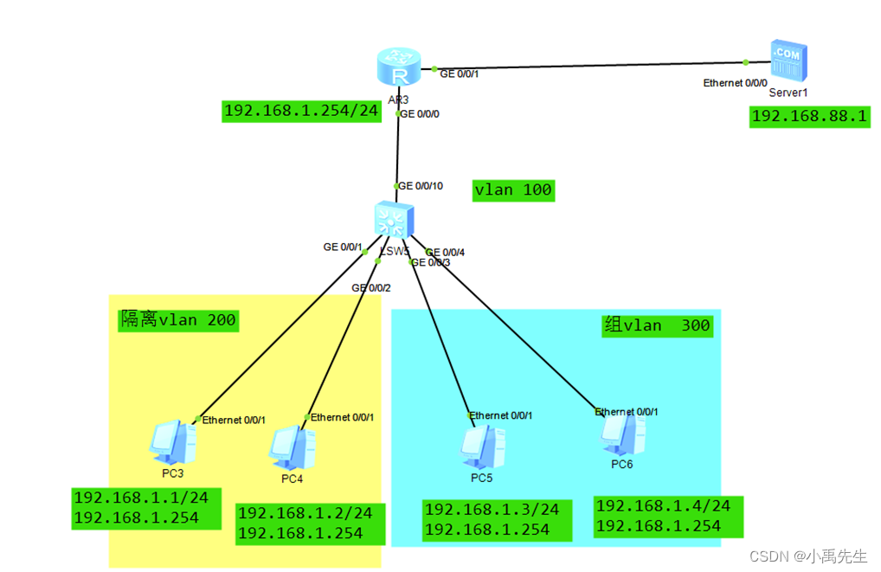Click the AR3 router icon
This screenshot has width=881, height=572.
pos(398,68)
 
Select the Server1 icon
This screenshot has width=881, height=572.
pos(788,61)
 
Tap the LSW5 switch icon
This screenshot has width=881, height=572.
pos(394,220)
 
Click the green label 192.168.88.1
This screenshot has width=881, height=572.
pos(809,117)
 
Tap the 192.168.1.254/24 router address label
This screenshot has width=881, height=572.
pos(301,111)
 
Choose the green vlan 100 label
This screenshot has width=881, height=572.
pos(513,190)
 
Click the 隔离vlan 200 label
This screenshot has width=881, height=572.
pos(178,320)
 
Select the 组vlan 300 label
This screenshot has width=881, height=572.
pos(657,325)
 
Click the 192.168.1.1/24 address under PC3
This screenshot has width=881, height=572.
pos(135,498)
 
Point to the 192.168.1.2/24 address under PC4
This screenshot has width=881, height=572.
pos(305,513)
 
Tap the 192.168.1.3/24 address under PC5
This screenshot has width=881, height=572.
pos(492,510)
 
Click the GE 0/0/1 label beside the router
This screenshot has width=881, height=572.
pos(460,74)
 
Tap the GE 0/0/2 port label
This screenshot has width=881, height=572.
pos(371,288)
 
